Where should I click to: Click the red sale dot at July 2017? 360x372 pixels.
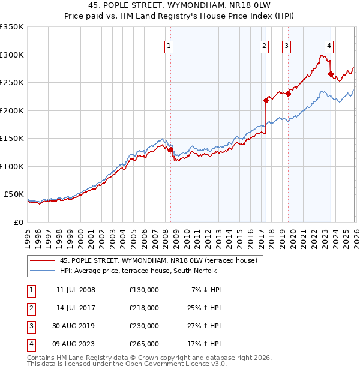265,101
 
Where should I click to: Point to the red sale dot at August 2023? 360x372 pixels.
331,74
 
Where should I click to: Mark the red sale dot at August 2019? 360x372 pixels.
288,94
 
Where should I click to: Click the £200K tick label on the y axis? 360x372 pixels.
12,110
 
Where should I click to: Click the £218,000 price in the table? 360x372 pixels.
144,307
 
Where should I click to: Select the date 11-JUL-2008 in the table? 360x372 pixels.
76,289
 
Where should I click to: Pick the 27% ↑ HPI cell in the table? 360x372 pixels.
206,326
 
